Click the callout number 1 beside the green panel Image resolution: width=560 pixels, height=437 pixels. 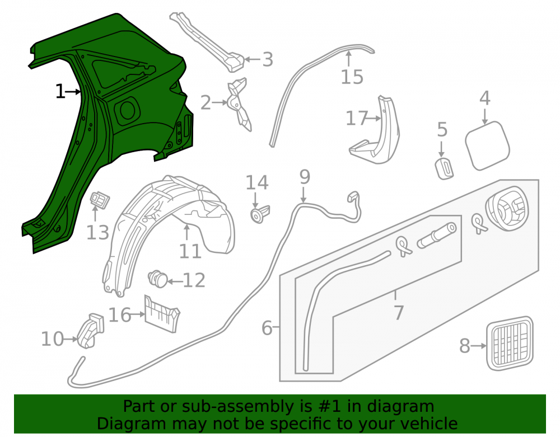pos(60,92)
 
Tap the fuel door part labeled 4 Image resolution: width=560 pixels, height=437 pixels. pos(488,145)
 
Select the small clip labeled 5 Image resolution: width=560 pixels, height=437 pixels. pos(444,168)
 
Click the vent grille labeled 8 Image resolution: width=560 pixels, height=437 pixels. pos(510,343)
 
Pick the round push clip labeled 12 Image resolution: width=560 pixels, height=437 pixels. pos(158,279)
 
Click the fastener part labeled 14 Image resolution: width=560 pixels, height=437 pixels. pos(260,214)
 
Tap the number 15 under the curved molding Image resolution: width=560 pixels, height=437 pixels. pos(352,77)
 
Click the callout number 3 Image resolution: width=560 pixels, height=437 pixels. pos(268,59)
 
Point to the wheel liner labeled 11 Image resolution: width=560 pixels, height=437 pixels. pos(168,232)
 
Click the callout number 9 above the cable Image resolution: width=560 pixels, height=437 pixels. pos(305,177)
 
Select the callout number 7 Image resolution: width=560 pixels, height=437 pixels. pos(398,312)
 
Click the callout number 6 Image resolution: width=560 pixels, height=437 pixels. pos(267,328)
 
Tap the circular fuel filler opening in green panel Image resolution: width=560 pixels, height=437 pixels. pos(127,110)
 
